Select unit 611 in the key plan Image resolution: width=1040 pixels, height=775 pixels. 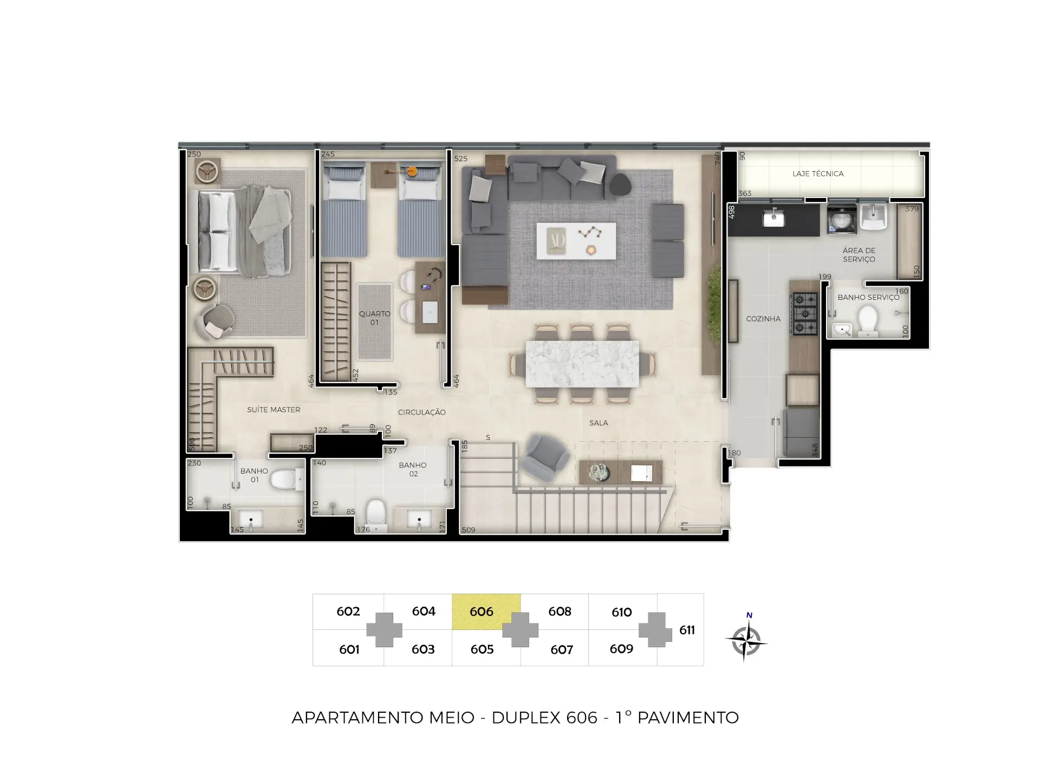(687, 630)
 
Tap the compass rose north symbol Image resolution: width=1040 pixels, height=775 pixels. (746, 639)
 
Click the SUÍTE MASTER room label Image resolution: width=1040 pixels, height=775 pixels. (274, 410)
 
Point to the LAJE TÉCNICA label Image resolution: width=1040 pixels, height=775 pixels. (818, 174)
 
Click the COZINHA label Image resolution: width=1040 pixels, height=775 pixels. (763, 319)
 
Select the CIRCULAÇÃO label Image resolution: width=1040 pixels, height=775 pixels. (422, 412)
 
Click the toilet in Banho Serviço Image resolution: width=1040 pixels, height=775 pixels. (868, 321)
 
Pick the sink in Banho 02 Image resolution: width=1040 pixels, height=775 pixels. (419, 519)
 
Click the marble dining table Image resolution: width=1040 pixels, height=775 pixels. (582, 364)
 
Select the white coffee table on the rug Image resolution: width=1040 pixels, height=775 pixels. (576, 241)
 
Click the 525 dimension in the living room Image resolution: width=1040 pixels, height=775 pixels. (460, 159)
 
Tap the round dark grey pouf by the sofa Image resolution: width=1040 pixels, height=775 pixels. (620, 185)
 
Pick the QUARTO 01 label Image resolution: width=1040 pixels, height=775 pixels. (374, 318)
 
